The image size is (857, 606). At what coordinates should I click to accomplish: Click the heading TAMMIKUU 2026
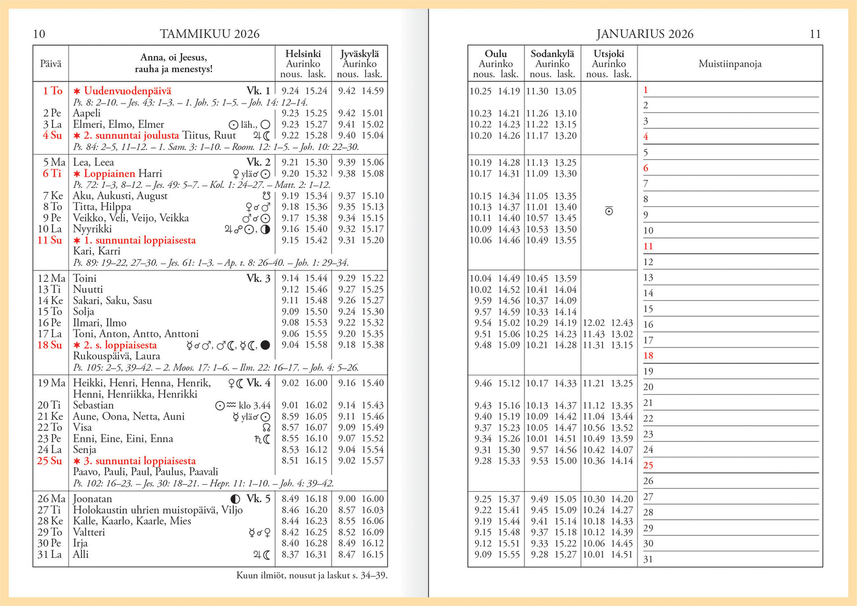[x=209, y=34]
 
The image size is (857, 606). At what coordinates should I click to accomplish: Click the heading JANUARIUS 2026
[x=645, y=34]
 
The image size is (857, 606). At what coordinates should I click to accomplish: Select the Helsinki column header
[x=303, y=54]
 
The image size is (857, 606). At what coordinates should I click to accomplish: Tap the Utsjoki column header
[x=609, y=54]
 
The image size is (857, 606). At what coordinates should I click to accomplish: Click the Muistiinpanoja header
[x=730, y=64]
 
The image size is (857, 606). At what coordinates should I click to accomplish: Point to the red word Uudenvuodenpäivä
[x=127, y=91]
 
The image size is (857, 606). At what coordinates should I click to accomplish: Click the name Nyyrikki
[x=92, y=229]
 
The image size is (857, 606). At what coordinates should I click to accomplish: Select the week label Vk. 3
[x=258, y=278]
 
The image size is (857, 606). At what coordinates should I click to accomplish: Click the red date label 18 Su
[x=49, y=345]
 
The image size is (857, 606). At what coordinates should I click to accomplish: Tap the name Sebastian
[x=93, y=405]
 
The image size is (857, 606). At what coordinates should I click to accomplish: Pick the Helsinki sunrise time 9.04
[x=290, y=345]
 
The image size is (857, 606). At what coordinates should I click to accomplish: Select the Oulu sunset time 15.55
[x=509, y=555]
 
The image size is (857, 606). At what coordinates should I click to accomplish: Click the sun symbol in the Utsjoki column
[x=609, y=211]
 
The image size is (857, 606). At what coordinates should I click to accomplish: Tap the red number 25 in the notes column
[x=648, y=465]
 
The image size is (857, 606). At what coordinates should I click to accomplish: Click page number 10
[x=39, y=34]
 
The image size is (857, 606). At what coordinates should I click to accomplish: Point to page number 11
[x=815, y=34]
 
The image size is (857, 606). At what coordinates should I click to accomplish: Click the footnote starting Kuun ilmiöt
[x=312, y=575]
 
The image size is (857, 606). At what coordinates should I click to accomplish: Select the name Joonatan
[x=92, y=499]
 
